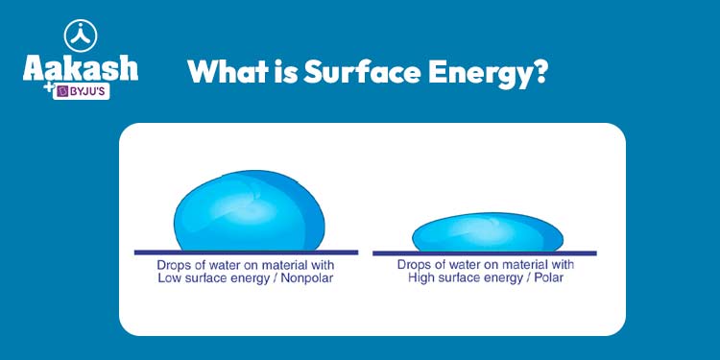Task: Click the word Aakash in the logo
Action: [80, 68]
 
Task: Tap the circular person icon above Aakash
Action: [80, 35]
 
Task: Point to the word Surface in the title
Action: [355, 72]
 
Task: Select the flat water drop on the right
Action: [488, 233]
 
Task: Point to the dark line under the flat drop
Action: [484, 253]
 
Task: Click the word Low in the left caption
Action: [170, 279]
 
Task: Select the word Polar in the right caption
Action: [553, 279]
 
